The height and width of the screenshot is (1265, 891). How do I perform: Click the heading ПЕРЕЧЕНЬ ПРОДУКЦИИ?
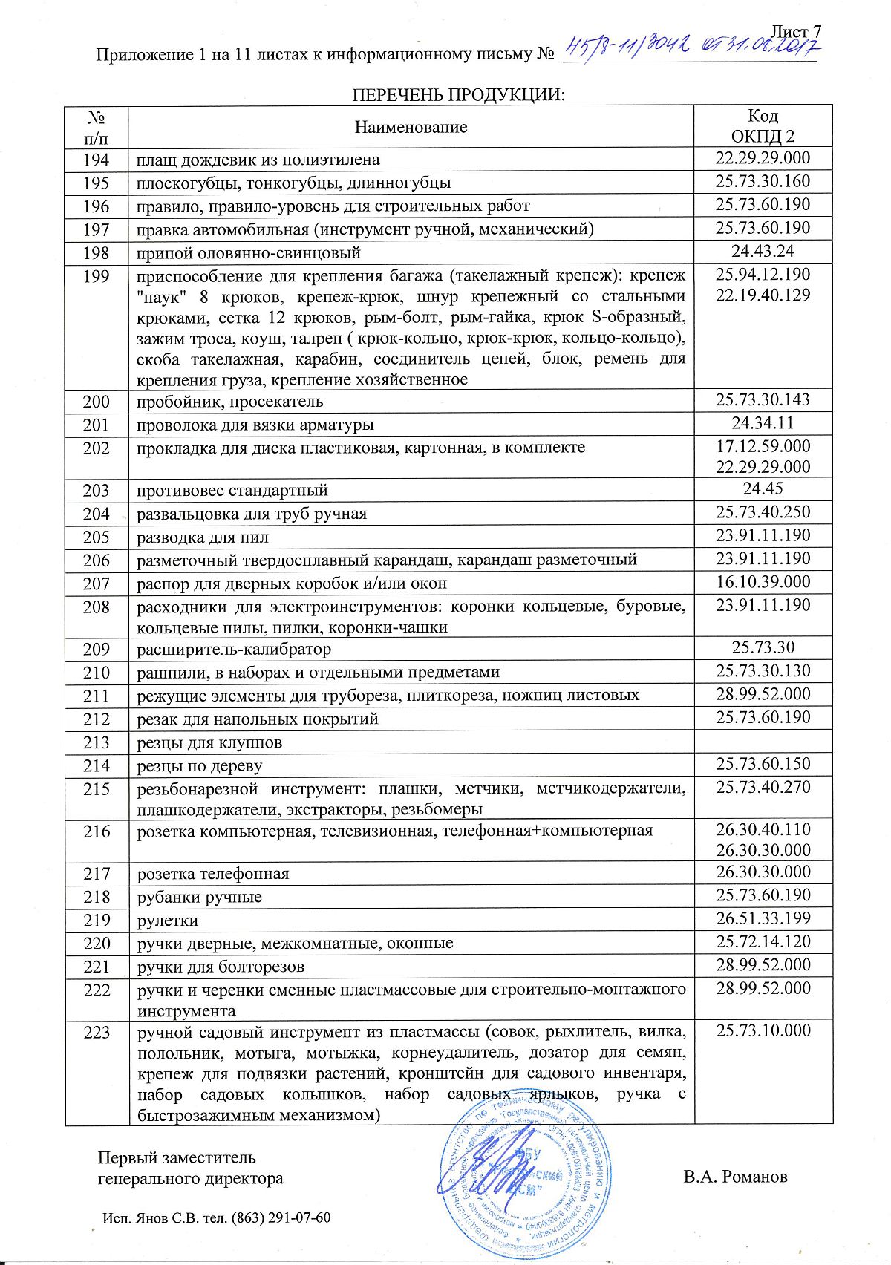pyautogui.click(x=458, y=95)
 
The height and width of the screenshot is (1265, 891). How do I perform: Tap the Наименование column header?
pyautogui.click(x=411, y=127)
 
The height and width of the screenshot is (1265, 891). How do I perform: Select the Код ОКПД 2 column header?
pyautogui.click(x=763, y=126)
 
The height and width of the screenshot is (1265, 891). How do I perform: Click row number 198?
pyautogui.click(x=97, y=253)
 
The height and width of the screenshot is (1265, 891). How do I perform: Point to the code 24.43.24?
pyautogui.click(x=763, y=252)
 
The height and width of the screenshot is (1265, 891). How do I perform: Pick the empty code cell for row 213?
pyautogui.click(x=763, y=742)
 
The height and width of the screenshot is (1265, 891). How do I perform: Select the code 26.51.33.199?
pyautogui.click(x=763, y=918)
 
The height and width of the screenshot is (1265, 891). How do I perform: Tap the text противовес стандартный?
pyautogui.click(x=232, y=491)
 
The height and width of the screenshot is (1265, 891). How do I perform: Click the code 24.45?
pyautogui.click(x=763, y=488)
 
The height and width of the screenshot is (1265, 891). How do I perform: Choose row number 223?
pyautogui.click(x=97, y=1033)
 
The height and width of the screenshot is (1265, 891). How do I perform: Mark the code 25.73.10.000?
pyautogui.click(x=763, y=1030)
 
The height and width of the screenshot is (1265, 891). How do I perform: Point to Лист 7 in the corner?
pyautogui.click(x=797, y=32)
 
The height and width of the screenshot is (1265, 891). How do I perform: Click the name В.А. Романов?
pyautogui.click(x=735, y=1177)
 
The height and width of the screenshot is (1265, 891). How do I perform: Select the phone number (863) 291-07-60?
pyautogui.click(x=281, y=1218)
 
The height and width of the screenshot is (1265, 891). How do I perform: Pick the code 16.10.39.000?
pyautogui.click(x=763, y=582)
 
